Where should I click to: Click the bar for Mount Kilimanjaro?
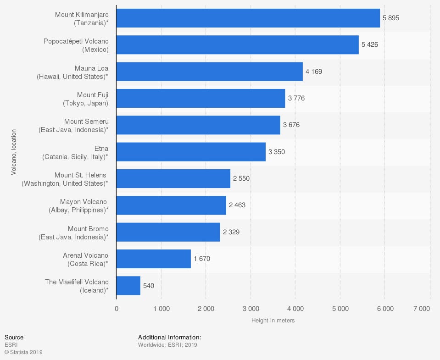tap(248, 18)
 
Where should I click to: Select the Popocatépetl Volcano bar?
tap(238, 45)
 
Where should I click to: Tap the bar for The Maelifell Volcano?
tap(128, 286)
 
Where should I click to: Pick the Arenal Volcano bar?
tap(154, 259)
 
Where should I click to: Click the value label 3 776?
tap(296, 98)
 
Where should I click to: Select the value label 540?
tap(149, 286)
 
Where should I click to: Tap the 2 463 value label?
tap(237, 205)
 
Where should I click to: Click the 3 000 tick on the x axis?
tap(251, 309)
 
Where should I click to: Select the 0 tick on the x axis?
tap(117, 309)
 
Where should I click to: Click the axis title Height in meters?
tap(273, 321)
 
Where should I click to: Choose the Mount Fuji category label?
tap(85, 99)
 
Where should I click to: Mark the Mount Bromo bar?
tap(168, 232)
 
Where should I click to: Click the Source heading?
tap(14, 338)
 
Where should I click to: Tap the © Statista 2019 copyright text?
tap(23, 352)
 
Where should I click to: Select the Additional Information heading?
tap(170, 338)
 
